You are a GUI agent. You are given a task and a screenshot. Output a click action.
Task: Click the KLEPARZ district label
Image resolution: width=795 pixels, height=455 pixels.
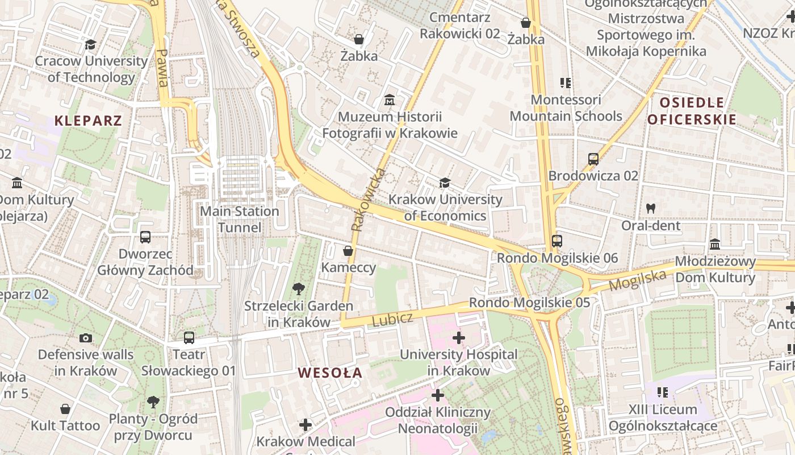tap(88, 121)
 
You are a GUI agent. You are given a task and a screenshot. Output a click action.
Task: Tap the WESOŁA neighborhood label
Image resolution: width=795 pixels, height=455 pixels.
tap(330, 373)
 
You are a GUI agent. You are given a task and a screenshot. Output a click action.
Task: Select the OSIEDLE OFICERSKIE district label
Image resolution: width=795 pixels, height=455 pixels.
tap(692, 111)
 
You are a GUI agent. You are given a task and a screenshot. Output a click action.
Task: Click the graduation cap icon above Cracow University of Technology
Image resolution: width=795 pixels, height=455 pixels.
tap(90, 44)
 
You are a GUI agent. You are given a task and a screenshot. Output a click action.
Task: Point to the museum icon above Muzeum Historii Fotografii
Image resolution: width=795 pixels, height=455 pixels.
tap(390, 101)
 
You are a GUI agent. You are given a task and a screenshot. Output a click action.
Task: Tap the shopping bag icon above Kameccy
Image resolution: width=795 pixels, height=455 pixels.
tap(348, 251)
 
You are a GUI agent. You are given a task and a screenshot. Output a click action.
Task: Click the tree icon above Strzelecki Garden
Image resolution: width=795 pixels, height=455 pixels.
tap(298, 289)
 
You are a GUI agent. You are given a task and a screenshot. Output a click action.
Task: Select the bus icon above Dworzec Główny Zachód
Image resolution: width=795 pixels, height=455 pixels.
tap(145, 237)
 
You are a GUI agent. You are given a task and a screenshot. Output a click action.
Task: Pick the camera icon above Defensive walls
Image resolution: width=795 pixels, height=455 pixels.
tap(86, 338)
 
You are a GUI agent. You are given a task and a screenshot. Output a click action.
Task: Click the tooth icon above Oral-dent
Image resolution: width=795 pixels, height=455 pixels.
tap(651, 209)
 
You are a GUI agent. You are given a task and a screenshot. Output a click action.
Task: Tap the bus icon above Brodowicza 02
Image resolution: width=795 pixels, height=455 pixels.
tap(593, 159)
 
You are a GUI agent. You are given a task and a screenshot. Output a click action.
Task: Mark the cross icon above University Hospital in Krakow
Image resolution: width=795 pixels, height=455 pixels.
tap(459, 338)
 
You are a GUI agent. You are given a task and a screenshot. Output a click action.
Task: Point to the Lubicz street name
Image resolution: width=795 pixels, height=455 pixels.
tap(392, 320)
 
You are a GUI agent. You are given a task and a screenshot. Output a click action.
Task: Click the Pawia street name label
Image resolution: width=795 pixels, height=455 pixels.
tap(162, 68)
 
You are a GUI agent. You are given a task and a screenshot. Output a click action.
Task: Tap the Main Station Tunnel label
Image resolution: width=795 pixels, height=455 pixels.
tap(240, 220)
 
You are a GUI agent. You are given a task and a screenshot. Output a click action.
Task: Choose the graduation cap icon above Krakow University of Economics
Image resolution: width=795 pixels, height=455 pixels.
tap(445, 183)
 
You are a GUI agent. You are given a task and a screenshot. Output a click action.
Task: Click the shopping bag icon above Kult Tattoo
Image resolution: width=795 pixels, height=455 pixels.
tap(65, 409)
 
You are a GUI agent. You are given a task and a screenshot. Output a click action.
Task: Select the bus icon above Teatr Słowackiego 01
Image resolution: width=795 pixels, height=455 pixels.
tap(189, 338)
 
